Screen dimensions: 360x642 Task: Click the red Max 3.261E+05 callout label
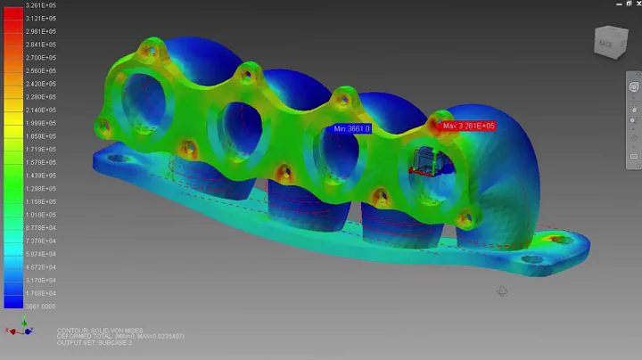469,127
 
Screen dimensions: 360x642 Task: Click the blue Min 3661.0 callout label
352,129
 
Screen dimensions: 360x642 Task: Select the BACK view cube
609,42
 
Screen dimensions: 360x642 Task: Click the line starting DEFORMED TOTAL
121,336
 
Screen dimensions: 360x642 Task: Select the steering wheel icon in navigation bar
634,86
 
